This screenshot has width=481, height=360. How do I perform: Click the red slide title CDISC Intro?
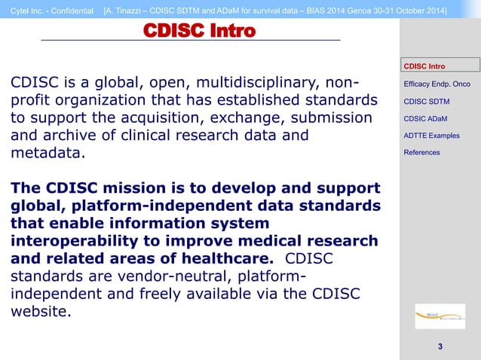tap(199, 31)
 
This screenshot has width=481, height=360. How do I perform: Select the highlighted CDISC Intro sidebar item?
tap(424, 66)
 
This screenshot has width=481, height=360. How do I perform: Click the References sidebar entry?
tap(421, 153)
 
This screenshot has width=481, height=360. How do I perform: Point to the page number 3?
tap(440, 346)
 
